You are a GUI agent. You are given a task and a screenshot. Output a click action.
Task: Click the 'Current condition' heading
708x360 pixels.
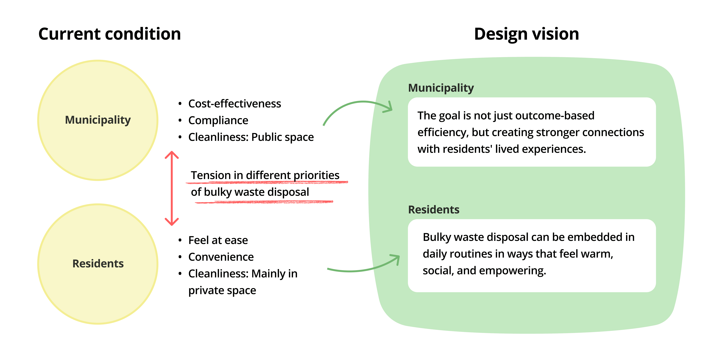coord(109,34)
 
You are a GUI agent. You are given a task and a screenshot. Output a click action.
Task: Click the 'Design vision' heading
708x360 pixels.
coord(526,34)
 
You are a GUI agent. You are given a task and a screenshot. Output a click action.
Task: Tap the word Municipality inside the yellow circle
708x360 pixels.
coord(98,120)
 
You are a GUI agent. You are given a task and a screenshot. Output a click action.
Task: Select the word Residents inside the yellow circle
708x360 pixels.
coord(98,263)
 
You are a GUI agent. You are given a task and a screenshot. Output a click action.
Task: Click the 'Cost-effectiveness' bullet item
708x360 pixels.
coord(234,104)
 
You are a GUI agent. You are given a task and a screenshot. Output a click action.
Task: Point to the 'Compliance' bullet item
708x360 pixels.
coord(218,120)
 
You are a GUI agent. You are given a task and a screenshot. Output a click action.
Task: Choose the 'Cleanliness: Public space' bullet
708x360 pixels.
coord(251,137)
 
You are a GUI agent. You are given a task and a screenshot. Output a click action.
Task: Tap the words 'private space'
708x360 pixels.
coord(222,290)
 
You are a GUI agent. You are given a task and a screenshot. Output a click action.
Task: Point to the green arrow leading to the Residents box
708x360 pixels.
coord(363,268)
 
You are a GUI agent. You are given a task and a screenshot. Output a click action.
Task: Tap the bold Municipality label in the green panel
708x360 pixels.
coord(441,88)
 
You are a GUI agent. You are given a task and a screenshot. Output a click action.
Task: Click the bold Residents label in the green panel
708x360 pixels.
coord(433,210)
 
